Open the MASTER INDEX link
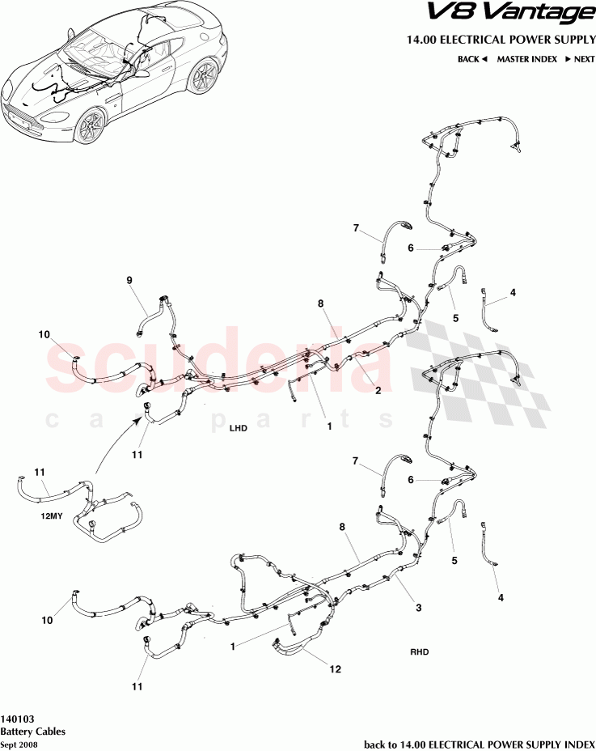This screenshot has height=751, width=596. [x=526, y=59]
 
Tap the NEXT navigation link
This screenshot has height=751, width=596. [x=580, y=59]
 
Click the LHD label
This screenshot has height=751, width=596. [x=238, y=428]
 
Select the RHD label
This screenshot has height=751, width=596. [x=420, y=651]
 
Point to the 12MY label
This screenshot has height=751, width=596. [x=51, y=517]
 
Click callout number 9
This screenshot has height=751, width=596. [x=129, y=281]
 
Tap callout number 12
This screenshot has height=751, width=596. [x=335, y=669]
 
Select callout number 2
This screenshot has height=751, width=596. [x=378, y=390]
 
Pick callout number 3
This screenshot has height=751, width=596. [x=418, y=608]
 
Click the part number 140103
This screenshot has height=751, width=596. [x=17, y=719]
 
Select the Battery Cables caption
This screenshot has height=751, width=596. [x=33, y=732]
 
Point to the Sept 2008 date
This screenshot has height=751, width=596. [x=19, y=745]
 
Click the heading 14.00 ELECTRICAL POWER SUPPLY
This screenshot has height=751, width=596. [x=501, y=40]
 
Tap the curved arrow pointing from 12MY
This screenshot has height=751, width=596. [x=113, y=439]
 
